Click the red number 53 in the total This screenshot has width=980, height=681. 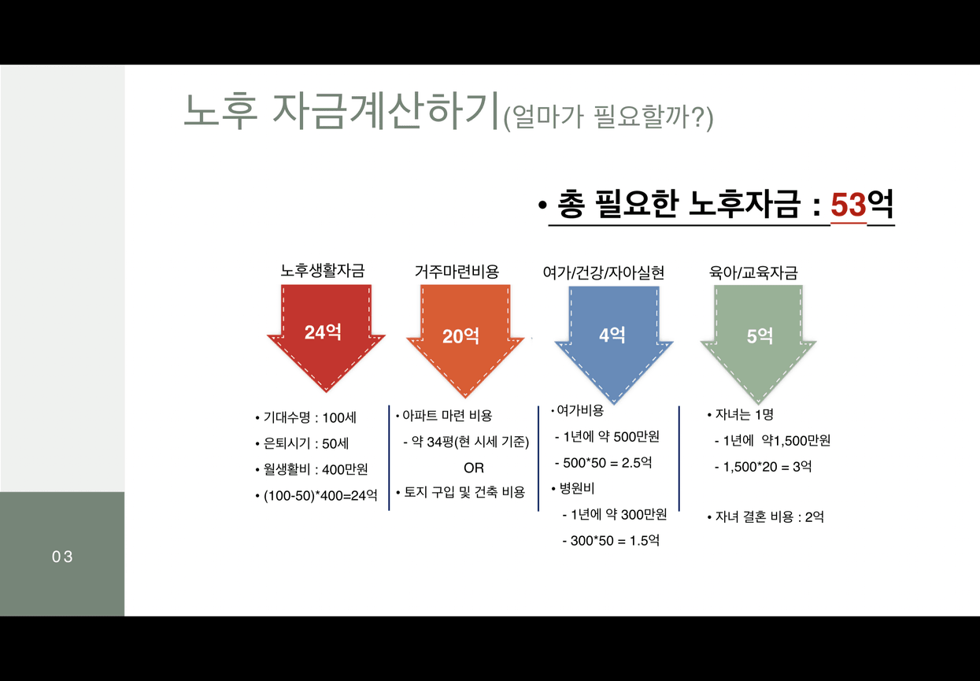point(849,205)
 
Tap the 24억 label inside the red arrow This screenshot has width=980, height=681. point(323,332)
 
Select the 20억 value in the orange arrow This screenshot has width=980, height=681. point(460,336)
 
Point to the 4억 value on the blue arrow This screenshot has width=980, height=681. point(612,335)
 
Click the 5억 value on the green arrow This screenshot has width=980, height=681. point(760,336)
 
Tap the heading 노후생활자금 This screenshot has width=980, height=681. point(323,271)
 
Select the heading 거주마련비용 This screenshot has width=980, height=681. point(457,272)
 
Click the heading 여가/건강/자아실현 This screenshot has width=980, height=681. point(603,272)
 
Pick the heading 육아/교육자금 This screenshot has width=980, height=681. point(753,272)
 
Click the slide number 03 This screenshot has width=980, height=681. point(62,557)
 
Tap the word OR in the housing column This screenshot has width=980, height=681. point(474,468)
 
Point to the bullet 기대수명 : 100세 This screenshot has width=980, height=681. point(306,417)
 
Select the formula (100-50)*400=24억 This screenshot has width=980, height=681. point(316,495)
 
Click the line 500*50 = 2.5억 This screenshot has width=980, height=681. point(603,463)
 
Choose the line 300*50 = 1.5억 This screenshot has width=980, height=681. point(611,541)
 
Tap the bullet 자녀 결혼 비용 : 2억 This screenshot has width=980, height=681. point(766,517)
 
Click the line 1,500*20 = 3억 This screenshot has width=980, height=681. point(764,467)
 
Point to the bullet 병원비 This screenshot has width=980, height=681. point(573,488)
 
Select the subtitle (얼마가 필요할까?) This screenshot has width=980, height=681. point(608,117)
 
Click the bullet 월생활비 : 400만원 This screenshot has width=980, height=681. point(312,469)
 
